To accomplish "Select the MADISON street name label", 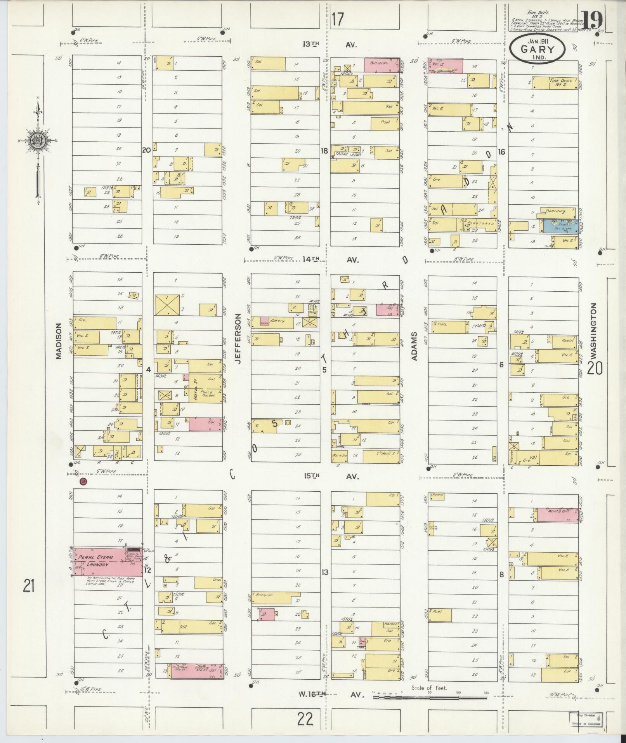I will [59, 341].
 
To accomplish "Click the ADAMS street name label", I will [414, 346].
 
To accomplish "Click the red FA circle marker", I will [83, 482].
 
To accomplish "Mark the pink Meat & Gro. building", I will [558, 515].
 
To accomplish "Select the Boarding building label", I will [556, 212].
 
